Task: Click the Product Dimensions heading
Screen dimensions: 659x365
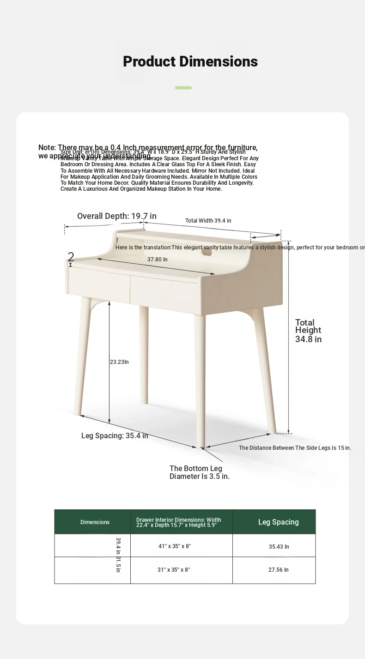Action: pos(190,61)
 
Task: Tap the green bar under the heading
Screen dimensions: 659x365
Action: pos(183,88)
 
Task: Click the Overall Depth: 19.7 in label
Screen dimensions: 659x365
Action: pos(116,216)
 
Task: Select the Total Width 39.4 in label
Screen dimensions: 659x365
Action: pos(208,221)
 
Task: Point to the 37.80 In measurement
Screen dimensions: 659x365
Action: pos(157,260)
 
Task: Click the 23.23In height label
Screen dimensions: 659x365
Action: pos(119,362)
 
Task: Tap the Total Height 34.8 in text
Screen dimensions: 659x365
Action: pos(308,331)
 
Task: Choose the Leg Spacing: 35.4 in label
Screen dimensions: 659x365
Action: pos(115,435)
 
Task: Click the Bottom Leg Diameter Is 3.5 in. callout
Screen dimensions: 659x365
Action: pos(199,472)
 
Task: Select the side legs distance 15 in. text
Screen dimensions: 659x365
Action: pos(295,448)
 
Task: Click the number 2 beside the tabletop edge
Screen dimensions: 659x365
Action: pos(71,257)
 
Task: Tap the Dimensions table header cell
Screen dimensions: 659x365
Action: pos(95,522)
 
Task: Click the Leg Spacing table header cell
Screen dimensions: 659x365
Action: pos(278,522)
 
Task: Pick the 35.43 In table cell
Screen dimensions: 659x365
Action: pos(279,547)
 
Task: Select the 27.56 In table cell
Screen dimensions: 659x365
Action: pos(278,570)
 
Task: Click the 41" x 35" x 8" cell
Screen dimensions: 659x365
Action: pos(174,546)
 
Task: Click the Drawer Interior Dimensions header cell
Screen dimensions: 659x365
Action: pos(179,522)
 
